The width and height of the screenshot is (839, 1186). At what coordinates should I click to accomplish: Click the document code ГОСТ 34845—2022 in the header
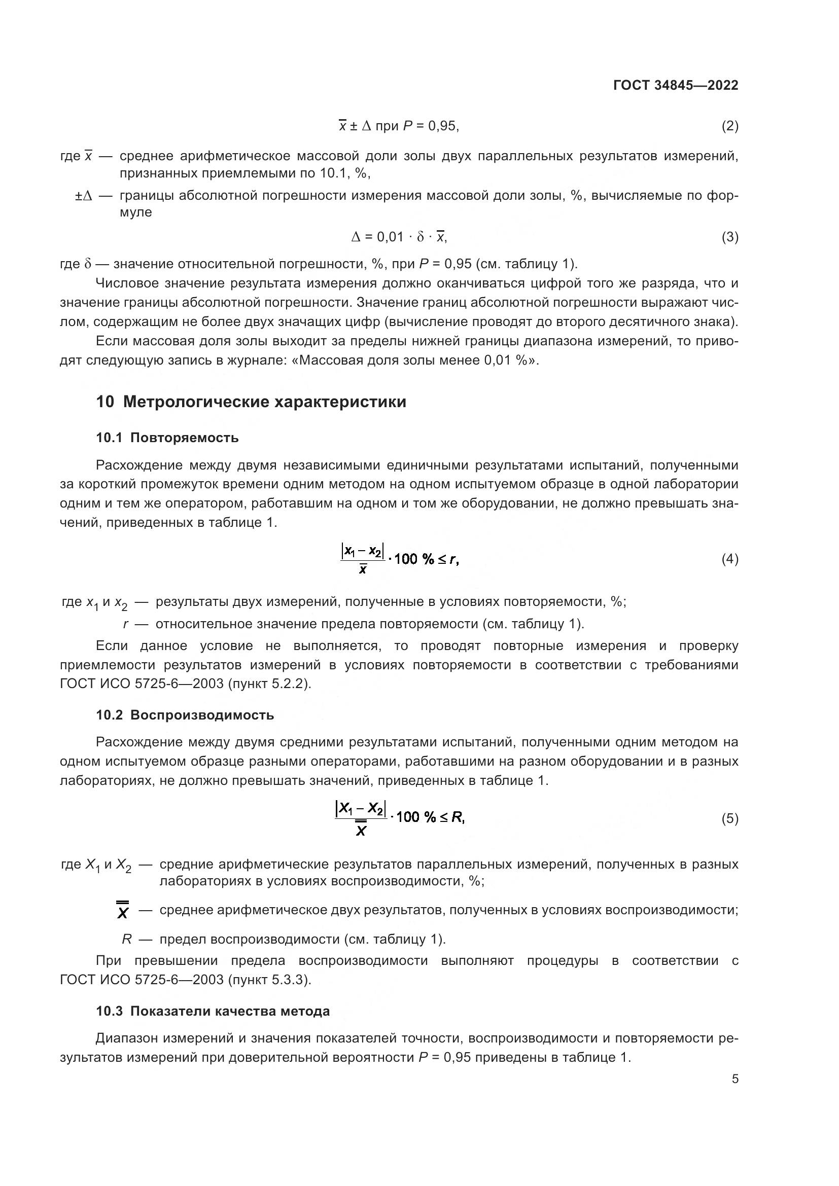pyautogui.click(x=675, y=85)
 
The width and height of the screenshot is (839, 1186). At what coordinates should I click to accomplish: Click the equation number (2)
pyautogui.click(x=729, y=126)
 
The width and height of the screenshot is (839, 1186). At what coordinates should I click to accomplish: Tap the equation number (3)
pyautogui.click(x=729, y=237)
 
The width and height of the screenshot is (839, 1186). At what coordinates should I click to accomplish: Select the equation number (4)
pyautogui.click(x=729, y=559)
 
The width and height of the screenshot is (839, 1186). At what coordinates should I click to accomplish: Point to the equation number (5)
pyautogui.click(x=729, y=819)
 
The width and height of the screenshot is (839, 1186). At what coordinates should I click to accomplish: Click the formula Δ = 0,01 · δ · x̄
pyautogui.click(x=399, y=237)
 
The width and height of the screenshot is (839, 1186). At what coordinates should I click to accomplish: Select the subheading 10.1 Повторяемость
pyautogui.click(x=167, y=438)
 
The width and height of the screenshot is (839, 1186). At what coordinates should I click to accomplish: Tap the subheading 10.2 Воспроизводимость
pyautogui.click(x=185, y=715)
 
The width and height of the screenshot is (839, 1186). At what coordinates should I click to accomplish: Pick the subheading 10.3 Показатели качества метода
pyautogui.click(x=213, y=1011)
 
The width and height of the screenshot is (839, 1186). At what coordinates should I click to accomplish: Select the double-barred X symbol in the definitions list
pyautogui.click(x=123, y=910)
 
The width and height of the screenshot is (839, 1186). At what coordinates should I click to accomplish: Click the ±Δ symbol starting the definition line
pyautogui.click(x=84, y=196)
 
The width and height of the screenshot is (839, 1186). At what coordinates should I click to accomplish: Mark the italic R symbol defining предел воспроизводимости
pyautogui.click(x=127, y=939)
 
